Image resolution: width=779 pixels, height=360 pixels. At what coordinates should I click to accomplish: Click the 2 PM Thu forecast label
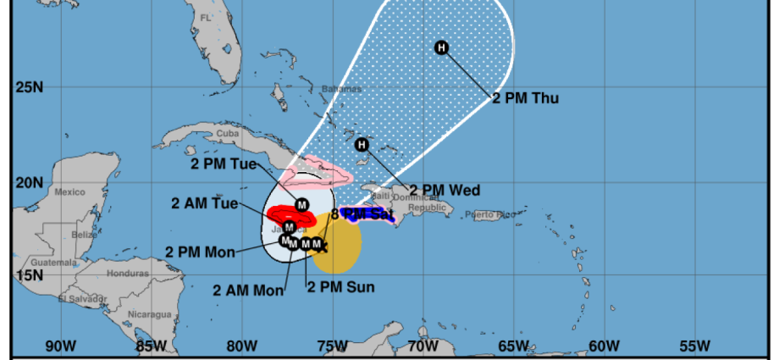(x=525, y=98)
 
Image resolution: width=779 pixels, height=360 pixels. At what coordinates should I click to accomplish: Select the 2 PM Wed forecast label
(x=445, y=191)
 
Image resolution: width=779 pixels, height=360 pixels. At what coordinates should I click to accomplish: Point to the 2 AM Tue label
(x=203, y=203)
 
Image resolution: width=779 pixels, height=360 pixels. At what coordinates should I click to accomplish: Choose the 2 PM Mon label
(x=200, y=252)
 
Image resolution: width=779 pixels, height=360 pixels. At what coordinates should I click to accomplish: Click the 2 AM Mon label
(x=247, y=290)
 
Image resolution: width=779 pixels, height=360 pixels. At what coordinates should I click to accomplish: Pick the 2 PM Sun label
(x=340, y=286)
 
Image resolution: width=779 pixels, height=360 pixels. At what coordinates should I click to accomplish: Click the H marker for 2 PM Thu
(x=441, y=47)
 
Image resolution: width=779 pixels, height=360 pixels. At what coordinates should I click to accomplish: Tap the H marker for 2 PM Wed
(x=362, y=145)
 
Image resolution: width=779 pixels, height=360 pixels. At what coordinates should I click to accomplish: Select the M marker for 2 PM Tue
(x=301, y=204)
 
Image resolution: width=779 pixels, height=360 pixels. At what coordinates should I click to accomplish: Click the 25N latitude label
(x=29, y=87)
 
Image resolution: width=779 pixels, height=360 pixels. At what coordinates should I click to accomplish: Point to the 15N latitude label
(x=29, y=275)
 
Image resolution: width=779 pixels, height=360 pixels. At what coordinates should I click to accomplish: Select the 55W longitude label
(x=693, y=346)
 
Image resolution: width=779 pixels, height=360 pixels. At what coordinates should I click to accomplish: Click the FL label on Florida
(x=205, y=17)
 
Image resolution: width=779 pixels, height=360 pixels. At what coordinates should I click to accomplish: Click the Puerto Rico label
(x=490, y=214)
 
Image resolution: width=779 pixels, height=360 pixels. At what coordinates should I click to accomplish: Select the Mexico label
(x=69, y=192)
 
